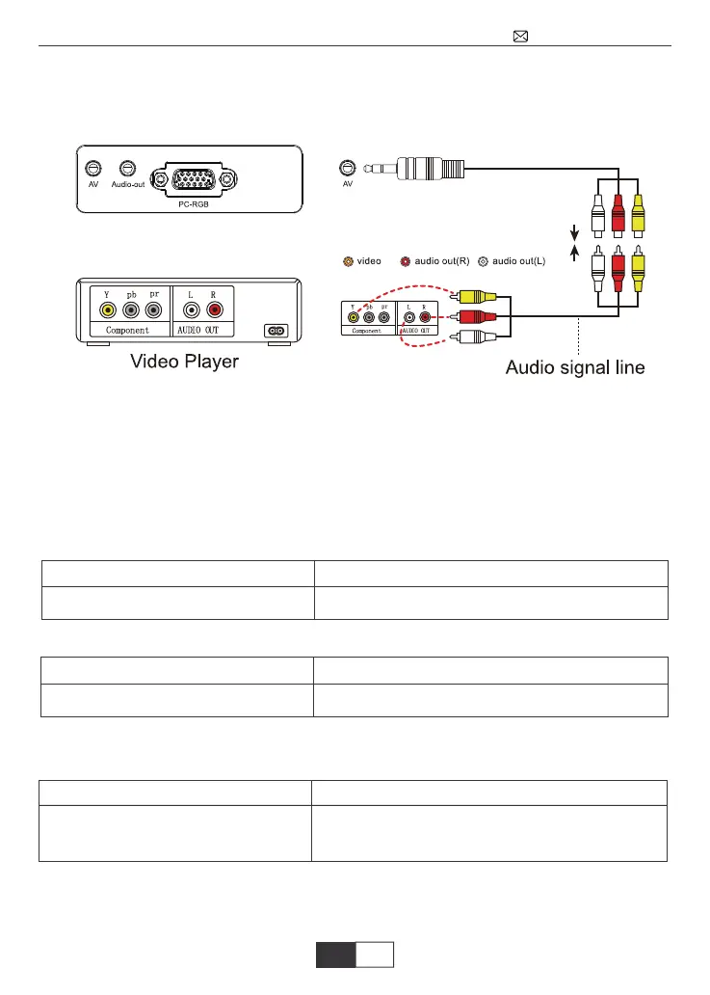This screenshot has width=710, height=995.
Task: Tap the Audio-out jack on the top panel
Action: [x=127, y=167]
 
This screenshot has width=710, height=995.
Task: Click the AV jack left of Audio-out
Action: [x=92, y=167]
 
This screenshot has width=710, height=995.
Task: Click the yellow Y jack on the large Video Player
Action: [x=108, y=309]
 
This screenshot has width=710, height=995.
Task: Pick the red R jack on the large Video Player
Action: [x=214, y=309]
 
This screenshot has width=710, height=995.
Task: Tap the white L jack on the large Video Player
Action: [x=191, y=309]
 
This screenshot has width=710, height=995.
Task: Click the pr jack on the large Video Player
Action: [x=154, y=309]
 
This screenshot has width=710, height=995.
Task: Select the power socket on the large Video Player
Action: [x=276, y=330]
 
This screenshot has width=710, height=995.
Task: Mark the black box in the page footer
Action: [x=336, y=955]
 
